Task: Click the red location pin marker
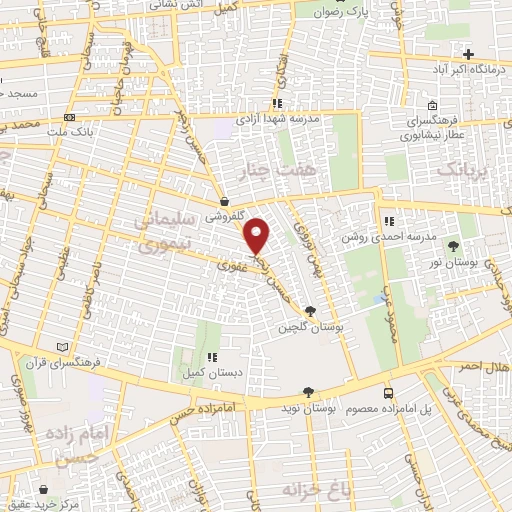[x=258, y=235]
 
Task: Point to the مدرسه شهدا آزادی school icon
[x=277, y=103]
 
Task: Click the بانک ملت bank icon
[x=69, y=117]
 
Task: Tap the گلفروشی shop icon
[x=224, y=201]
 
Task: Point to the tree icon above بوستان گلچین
[x=310, y=311]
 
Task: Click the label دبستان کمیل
[x=211, y=372]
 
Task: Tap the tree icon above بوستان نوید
[x=308, y=392]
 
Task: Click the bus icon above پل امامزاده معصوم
[x=390, y=393]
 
